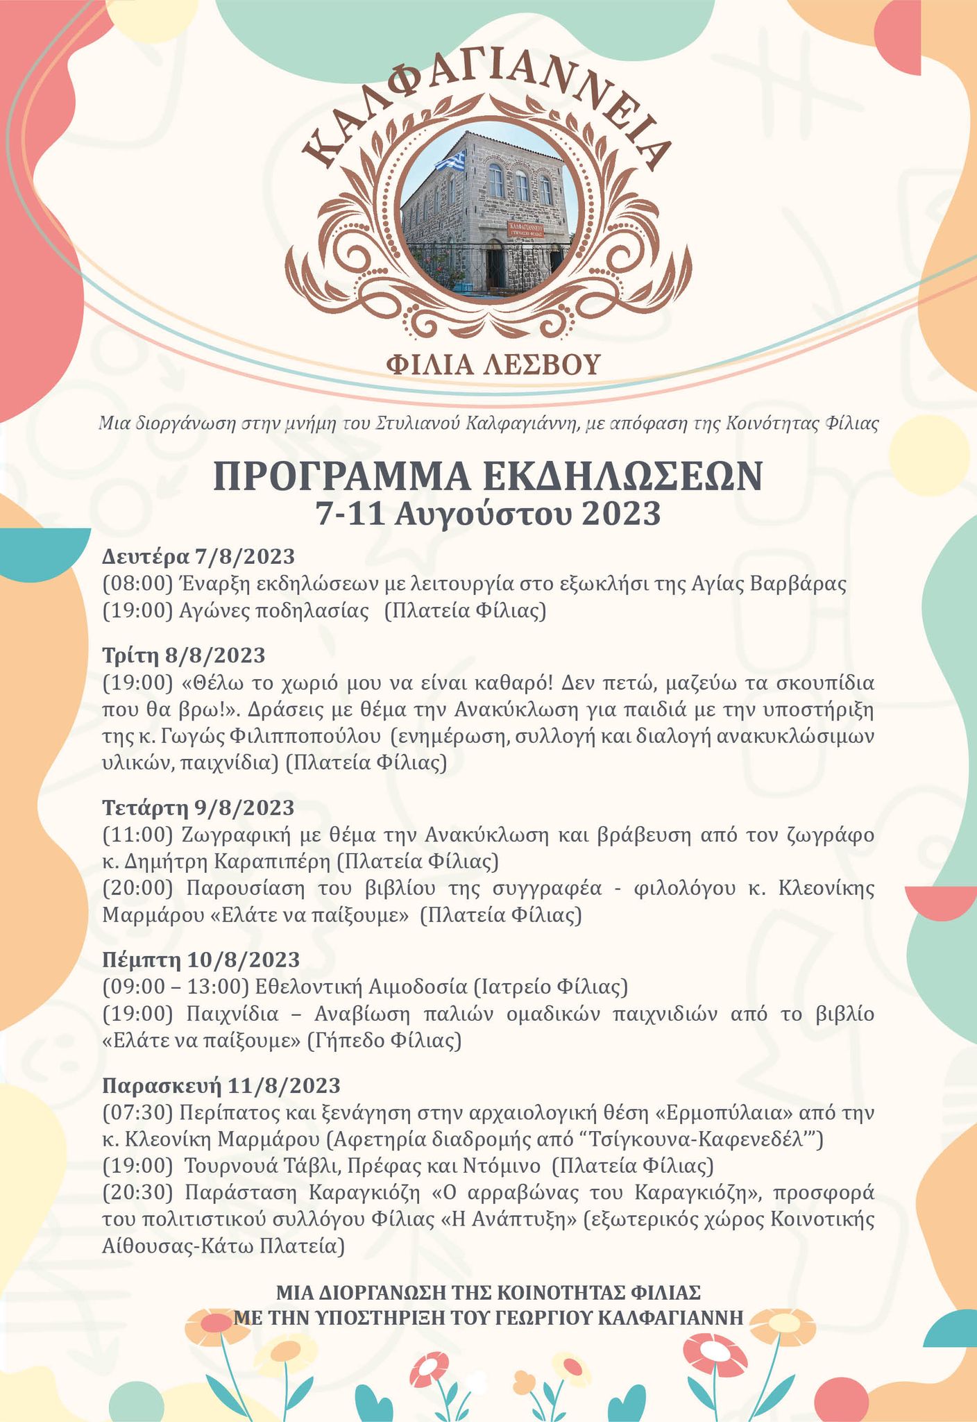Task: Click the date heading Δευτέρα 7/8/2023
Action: point(198,557)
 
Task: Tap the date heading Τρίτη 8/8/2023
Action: point(184,655)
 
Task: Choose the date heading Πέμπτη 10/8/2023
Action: point(201,960)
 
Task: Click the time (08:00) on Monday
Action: point(137,584)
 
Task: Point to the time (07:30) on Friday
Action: point(137,1112)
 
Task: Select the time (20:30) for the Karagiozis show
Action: point(137,1192)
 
